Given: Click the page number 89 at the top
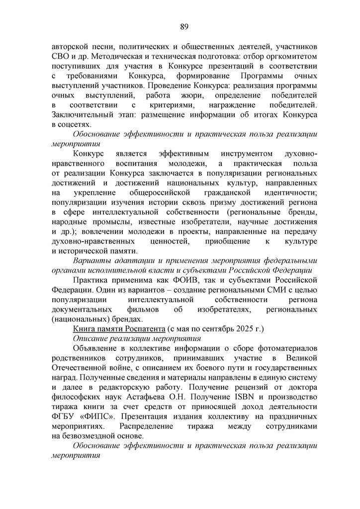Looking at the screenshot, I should [183, 26].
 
